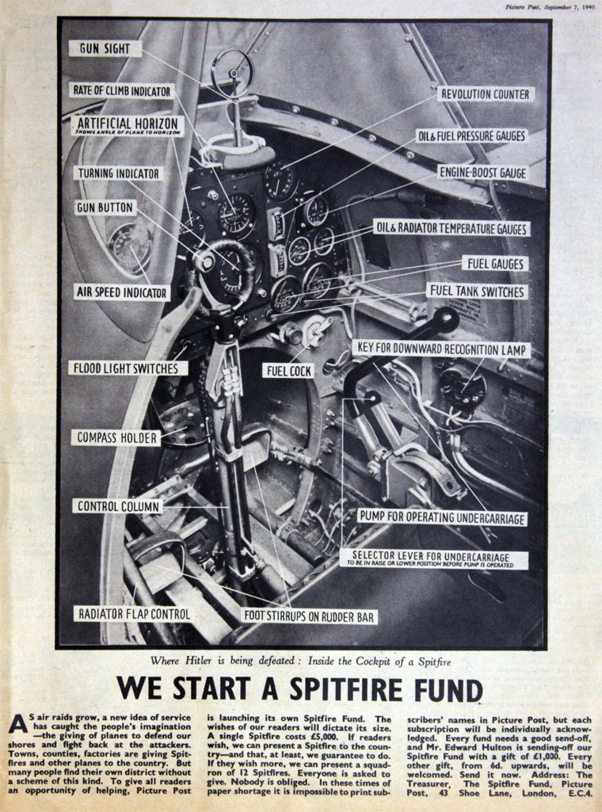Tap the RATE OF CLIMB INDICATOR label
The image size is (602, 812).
tap(122, 91)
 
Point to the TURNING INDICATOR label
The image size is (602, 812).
tap(118, 173)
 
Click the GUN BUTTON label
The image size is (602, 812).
tap(106, 208)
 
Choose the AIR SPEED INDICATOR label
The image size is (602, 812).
tap(122, 292)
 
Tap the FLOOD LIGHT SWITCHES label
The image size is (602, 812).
tap(128, 368)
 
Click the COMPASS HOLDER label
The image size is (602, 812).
tap(117, 437)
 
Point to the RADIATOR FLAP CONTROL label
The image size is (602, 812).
tap(133, 614)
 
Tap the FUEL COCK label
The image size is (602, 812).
tap(289, 370)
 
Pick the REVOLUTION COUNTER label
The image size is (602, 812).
tap(485, 94)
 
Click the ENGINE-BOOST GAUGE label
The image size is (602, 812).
tap(482, 172)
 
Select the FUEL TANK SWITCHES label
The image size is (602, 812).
tap(477, 292)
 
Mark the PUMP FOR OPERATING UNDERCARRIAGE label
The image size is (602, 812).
tap(441, 517)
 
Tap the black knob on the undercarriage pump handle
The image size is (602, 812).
tap(445, 320)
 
